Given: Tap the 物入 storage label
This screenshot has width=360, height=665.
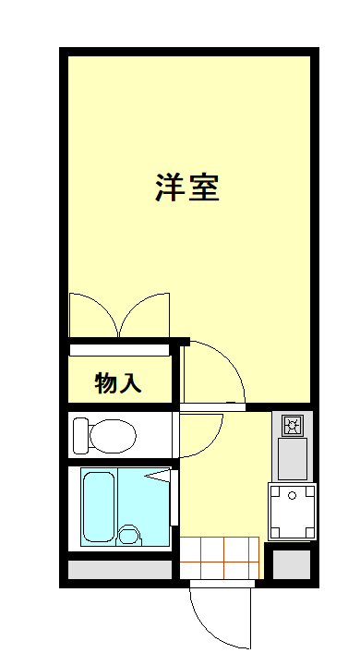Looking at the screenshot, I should pyautogui.click(x=118, y=382).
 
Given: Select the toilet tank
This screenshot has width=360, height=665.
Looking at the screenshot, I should pyautogui.click(x=81, y=433).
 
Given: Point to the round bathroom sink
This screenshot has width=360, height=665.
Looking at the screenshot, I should pyautogui.click(x=128, y=535).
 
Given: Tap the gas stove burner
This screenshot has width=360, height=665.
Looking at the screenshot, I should pyautogui.click(x=293, y=426).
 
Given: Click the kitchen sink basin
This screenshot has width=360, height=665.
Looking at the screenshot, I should pyautogui.click(x=293, y=458).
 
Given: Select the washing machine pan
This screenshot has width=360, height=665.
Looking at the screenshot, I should pyautogui.click(x=292, y=512).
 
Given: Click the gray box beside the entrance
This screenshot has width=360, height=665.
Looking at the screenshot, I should pyautogui.click(x=292, y=563).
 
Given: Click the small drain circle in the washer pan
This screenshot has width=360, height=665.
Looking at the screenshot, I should pyautogui.click(x=293, y=495).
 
